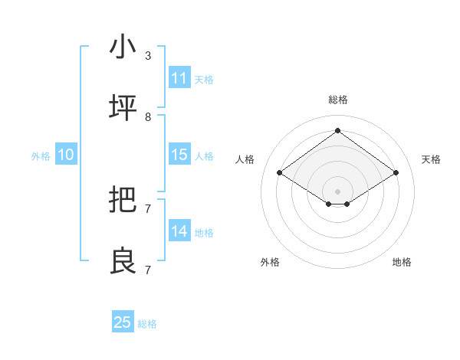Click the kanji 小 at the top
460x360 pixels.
123,47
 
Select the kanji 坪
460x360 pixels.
123,108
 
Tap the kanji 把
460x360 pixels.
123,200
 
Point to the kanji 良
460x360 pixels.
123,261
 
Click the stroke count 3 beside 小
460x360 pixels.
148,56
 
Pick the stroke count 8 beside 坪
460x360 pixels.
148,117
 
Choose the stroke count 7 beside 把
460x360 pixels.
148,208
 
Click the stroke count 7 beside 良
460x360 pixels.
148,270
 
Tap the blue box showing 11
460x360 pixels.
179,78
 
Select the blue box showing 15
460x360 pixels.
179,155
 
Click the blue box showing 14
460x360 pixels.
179,231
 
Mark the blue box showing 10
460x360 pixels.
66,155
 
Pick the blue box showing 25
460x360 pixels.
123,322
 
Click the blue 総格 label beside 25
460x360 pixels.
147,324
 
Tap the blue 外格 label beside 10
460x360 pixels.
41,156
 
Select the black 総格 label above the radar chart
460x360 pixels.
337,100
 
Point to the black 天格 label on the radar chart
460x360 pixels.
431,159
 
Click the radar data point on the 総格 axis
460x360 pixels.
337,130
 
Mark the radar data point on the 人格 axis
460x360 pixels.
279,173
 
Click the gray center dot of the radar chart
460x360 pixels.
337,191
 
